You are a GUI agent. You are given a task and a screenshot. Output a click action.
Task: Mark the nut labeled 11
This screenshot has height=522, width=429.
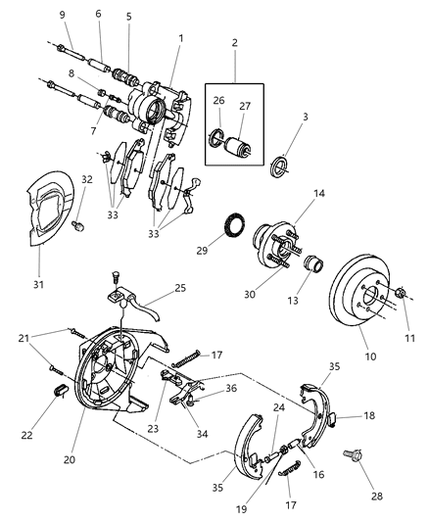(x=401, y=292)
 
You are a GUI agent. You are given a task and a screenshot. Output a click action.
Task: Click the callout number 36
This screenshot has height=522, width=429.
(x=231, y=388)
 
